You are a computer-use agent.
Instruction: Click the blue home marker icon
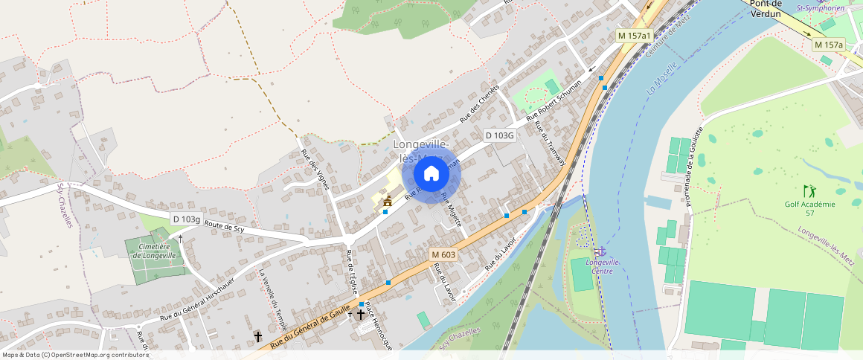(x=431, y=174)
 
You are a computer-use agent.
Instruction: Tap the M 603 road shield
(x=443, y=254)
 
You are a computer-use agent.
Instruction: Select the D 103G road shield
(x=500, y=135)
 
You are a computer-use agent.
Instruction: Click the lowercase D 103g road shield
(x=187, y=219)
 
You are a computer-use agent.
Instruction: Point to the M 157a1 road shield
(x=635, y=36)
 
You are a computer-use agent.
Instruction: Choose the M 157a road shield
(x=829, y=45)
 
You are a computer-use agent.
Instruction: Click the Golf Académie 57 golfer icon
(x=809, y=191)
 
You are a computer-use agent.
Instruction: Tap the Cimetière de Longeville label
(x=155, y=251)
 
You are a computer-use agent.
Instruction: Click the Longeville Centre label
(x=603, y=266)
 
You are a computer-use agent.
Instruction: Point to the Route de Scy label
(x=224, y=228)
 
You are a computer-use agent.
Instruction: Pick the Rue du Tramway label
(x=551, y=142)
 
